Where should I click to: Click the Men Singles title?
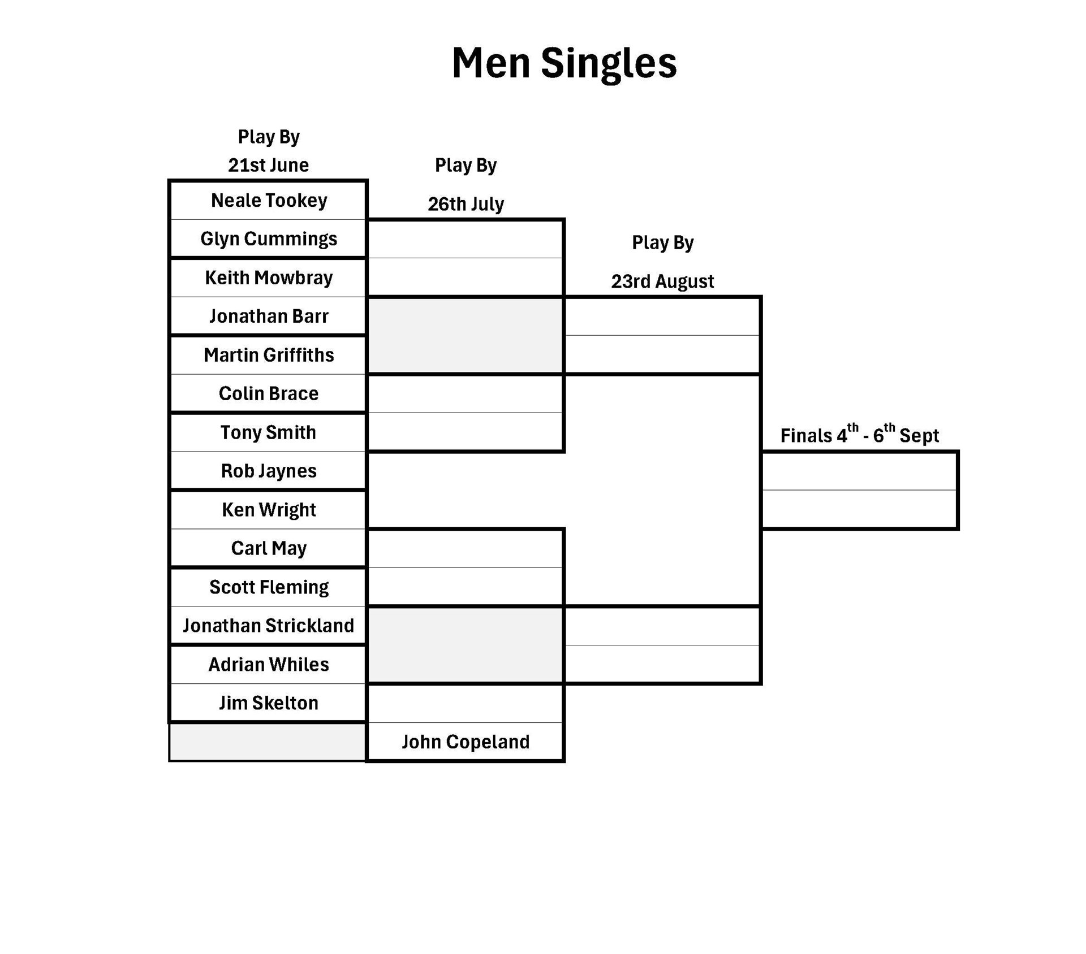[x=564, y=63]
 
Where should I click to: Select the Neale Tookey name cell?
[x=269, y=201]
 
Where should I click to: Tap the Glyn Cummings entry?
[x=269, y=239]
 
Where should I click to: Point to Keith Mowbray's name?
[x=269, y=277]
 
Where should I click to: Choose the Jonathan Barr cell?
[x=269, y=316]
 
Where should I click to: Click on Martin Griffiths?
[x=269, y=355]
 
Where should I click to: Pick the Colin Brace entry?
[x=269, y=393]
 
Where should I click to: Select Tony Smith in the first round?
[x=269, y=432]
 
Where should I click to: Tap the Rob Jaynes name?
[x=269, y=471]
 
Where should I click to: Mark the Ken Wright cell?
[x=269, y=510]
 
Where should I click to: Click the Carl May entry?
[x=269, y=548]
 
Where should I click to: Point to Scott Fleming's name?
[x=269, y=587]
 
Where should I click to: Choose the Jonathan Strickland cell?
[x=269, y=626]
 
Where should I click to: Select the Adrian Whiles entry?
[x=269, y=665]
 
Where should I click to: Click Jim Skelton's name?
[x=269, y=703]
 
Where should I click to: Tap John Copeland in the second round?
[x=466, y=742]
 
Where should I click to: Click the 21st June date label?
[x=269, y=165]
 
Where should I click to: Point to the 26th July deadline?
[x=466, y=204]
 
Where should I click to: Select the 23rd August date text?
[x=662, y=281]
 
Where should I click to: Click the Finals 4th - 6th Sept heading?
[x=859, y=435]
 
